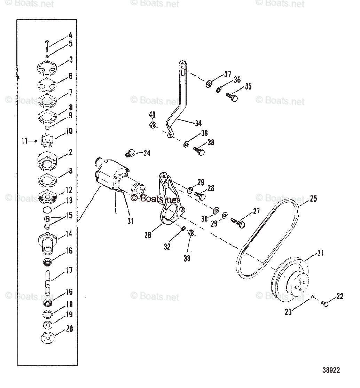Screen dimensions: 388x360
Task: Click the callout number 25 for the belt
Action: [313, 199]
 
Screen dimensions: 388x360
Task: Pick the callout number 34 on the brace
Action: [198, 123]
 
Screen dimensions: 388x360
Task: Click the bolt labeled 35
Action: [232, 97]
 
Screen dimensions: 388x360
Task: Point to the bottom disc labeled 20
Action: [47, 337]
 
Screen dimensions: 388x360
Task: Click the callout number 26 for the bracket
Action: [148, 235]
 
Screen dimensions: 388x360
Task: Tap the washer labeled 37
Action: [209, 84]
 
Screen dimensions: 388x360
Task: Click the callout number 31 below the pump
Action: [130, 221]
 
